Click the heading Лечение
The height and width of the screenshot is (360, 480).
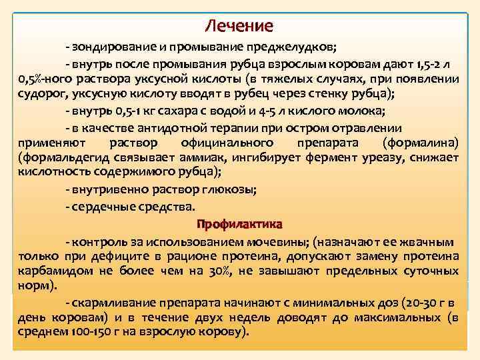point(239,27)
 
